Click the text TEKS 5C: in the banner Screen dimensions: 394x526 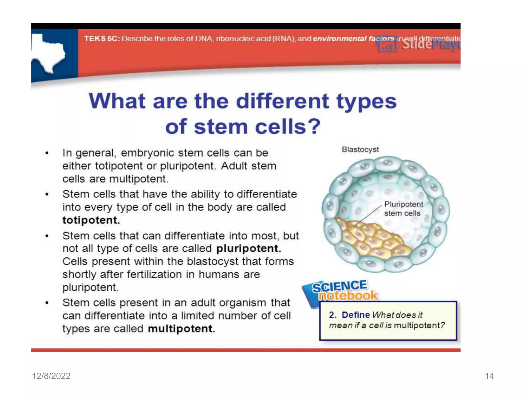(102, 39)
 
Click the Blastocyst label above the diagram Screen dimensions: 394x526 (360, 150)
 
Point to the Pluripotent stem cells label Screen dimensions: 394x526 (403, 209)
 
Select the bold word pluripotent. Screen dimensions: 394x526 (248, 249)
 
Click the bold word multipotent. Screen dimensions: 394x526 (181, 329)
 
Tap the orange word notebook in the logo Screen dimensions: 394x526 (348, 296)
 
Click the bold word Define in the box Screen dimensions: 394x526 (356, 315)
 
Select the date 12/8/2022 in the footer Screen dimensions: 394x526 (51, 376)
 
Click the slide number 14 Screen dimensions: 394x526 (489, 376)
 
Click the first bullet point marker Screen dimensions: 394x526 (47, 153)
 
